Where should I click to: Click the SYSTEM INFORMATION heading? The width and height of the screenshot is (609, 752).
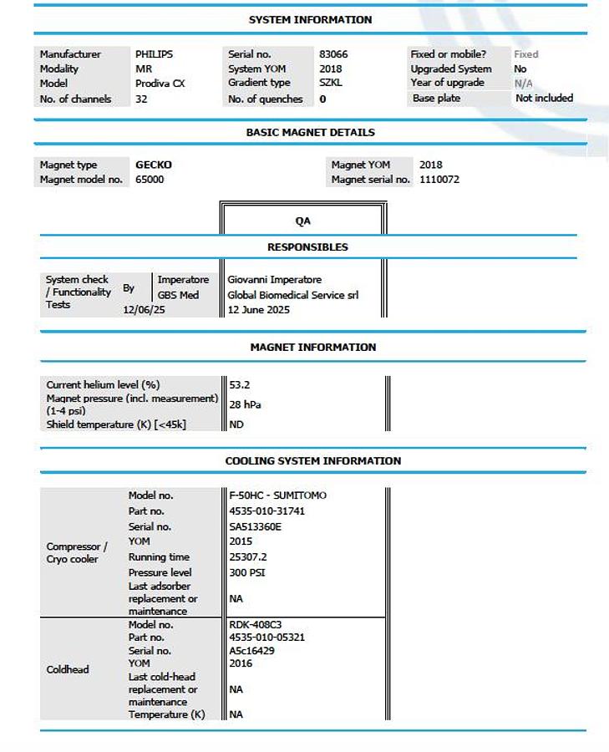tap(310, 19)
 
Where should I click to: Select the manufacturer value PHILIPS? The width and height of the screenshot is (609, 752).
tap(154, 54)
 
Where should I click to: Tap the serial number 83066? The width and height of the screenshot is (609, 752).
tap(333, 54)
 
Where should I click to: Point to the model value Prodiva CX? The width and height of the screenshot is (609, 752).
tap(160, 84)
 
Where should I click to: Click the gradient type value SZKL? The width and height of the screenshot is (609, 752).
tap(331, 84)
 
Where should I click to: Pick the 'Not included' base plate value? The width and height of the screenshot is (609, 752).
tap(544, 98)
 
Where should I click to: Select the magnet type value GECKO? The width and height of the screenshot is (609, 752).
tap(154, 165)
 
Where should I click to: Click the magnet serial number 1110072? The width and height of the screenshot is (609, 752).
tap(439, 180)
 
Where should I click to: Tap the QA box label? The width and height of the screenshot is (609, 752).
tap(302, 221)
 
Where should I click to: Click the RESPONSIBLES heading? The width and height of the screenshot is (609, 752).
tap(307, 247)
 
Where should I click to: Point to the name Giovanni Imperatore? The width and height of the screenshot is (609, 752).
tap(275, 280)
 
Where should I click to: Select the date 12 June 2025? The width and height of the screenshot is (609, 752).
tap(259, 310)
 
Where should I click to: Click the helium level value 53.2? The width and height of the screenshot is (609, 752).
tap(240, 385)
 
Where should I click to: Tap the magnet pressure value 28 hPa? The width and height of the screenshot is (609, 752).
tap(246, 404)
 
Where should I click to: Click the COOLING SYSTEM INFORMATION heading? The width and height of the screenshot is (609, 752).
tap(312, 461)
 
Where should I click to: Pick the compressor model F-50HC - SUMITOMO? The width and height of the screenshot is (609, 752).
tap(277, 495)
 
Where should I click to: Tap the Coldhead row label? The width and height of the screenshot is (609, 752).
tap(68, 669)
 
